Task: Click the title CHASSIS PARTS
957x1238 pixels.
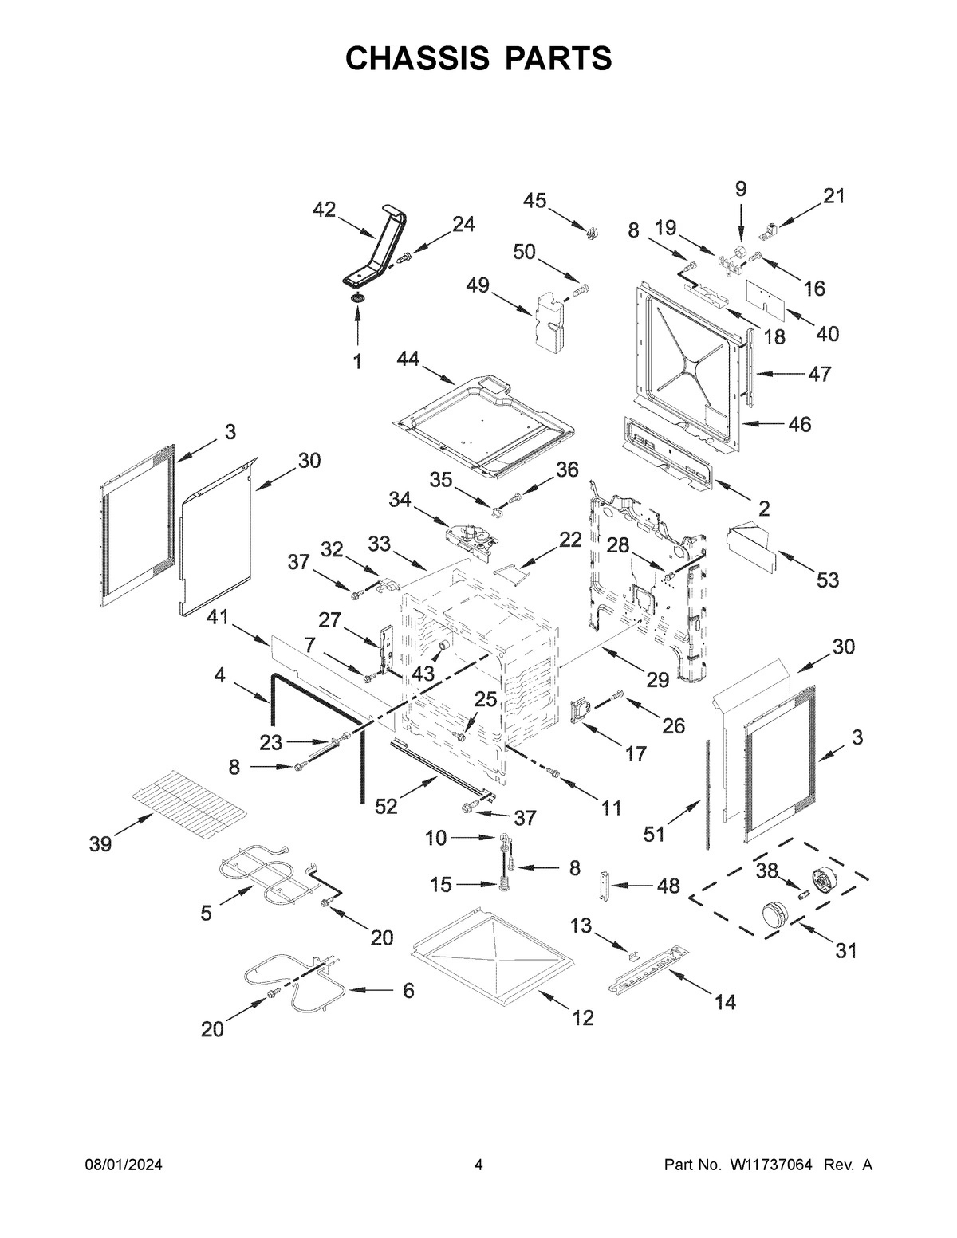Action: pyautogui.click(x=478, y=58)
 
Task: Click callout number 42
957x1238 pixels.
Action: pyautogui.click(x=324, y=210)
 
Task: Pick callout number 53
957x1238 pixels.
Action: pyautogui.click(x=828, y=580)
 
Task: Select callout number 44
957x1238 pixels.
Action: pyautogui.click(x=408, y=362)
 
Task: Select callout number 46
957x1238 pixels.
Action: pyautogui.click(x=799, y=424)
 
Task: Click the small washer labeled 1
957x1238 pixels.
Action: pyautogui.click(x=356, y=298)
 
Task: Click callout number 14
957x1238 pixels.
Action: pyautogui.click(x=725, y=1002)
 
